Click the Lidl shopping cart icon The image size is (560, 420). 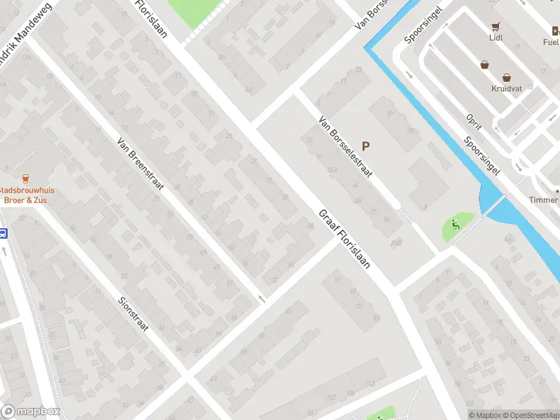point(496,27)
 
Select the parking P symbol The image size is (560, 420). point(365,146)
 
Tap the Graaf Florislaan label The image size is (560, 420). point(344,240)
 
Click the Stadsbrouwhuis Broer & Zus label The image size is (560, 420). point(27,195)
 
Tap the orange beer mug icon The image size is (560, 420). point(26,178)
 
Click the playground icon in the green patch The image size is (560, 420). point(456,225)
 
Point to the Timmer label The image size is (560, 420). point(544,200)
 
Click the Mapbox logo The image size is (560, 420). point(31,412)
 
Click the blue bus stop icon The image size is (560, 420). point(3,234)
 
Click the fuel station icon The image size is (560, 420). point(556,31)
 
